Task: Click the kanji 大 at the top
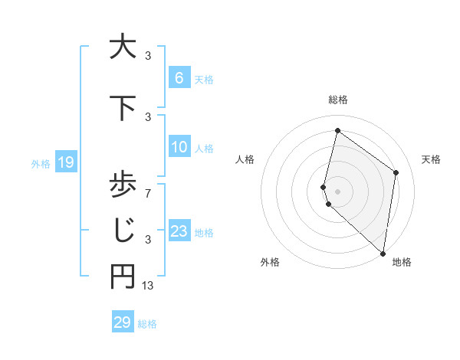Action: point(121,47)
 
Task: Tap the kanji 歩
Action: point(121,185)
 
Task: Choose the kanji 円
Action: point(121,277)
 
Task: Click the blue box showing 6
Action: point(179,77)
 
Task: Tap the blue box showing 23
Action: point(179,231)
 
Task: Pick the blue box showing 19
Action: point(65,162)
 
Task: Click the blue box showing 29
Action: point(121,322)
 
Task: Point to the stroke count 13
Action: point(149,286)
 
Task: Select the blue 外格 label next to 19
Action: point(40,163)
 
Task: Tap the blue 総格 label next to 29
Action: point(147,324)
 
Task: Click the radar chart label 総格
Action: point(337,100)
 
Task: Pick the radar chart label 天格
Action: point(431,159)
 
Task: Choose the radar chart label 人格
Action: point(245,159)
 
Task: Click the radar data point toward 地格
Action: point(383,253)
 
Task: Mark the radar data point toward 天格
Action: point(396,172)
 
